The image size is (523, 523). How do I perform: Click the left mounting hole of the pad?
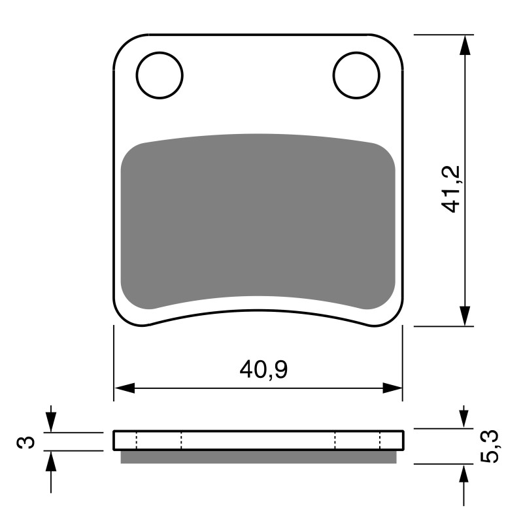tap(160, 75)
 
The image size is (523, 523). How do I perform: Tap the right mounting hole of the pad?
tap(356, 75)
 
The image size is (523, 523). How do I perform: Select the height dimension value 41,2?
tap(452, 188)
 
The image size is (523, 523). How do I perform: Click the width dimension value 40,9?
tap(263, 370)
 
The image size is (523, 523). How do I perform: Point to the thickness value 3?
tap(26, 442)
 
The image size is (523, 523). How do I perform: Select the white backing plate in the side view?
tap(258, 440)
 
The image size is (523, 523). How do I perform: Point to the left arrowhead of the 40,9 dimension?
tap(124, 388)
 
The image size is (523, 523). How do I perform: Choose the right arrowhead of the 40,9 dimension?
tap(392, 388)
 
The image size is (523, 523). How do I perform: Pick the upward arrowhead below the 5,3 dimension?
tap(464, 474)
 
